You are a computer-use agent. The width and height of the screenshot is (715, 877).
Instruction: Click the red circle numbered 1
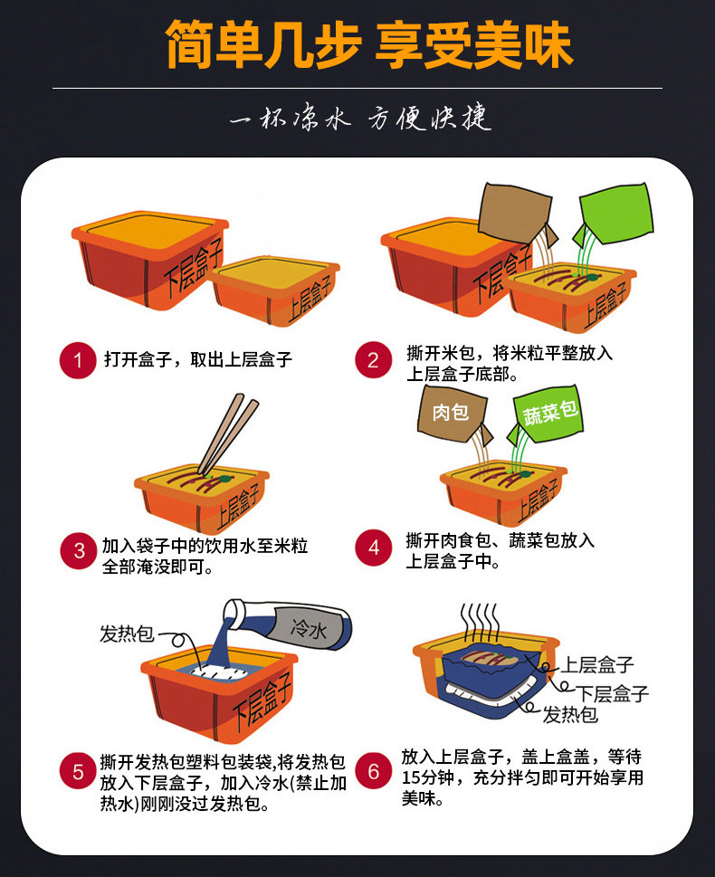pyautogui.click(x=78, y=360)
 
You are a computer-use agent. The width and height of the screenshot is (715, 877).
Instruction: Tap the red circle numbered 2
pyautogui.click(x=373, y=359)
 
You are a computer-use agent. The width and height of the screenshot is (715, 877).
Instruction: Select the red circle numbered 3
pyautogui.click(x=79, y=550)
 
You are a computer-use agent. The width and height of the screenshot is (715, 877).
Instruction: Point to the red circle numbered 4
pyautogui.click(x=373, y=548)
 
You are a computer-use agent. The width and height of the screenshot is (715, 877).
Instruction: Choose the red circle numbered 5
pyautogui.click(x=78, y=772)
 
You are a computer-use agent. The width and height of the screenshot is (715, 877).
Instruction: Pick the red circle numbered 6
pyautogui.click(x=373, y=771)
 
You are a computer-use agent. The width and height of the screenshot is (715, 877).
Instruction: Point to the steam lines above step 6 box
pyautogui.click(x=479, y=622)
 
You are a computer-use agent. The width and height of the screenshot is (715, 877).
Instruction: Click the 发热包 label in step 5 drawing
pyautogui.click(x=127, y=634)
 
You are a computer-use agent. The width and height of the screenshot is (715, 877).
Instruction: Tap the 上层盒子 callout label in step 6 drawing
pyautogui.click(x=597, y=664)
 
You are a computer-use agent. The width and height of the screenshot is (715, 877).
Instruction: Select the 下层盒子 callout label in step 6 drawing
pyautogui.click(x=613, y=693)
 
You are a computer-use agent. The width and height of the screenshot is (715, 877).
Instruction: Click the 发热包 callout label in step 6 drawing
pyautogui.click(x=570, y=714)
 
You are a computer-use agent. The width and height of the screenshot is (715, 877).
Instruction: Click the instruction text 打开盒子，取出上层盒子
pyautogui.click(x=198, y=359)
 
